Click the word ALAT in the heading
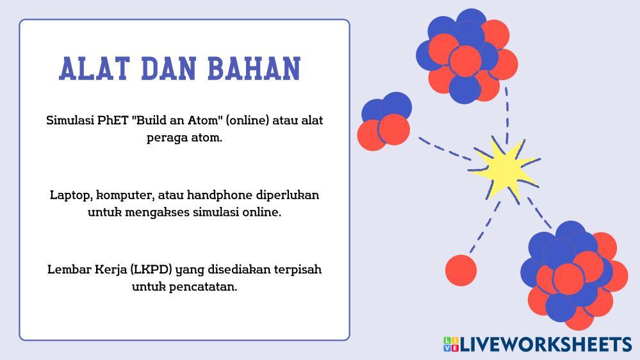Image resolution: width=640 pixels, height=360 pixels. pos(94,68)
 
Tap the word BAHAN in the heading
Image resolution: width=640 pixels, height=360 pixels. pos(254,68)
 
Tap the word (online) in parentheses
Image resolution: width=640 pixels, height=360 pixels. pos(247,121)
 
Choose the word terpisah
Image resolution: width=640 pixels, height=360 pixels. pos(297,270)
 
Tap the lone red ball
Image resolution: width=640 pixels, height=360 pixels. pos(461,270)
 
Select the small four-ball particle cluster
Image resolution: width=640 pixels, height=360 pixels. pos(384,121)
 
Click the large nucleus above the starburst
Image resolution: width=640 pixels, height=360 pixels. pos(466,56)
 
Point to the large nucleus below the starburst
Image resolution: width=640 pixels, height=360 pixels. pos(574,275)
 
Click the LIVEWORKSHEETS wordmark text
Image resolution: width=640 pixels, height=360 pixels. pos(546,345)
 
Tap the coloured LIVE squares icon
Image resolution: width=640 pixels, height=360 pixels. pos(451,344)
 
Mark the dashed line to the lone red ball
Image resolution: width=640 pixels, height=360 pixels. pos(484,227)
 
